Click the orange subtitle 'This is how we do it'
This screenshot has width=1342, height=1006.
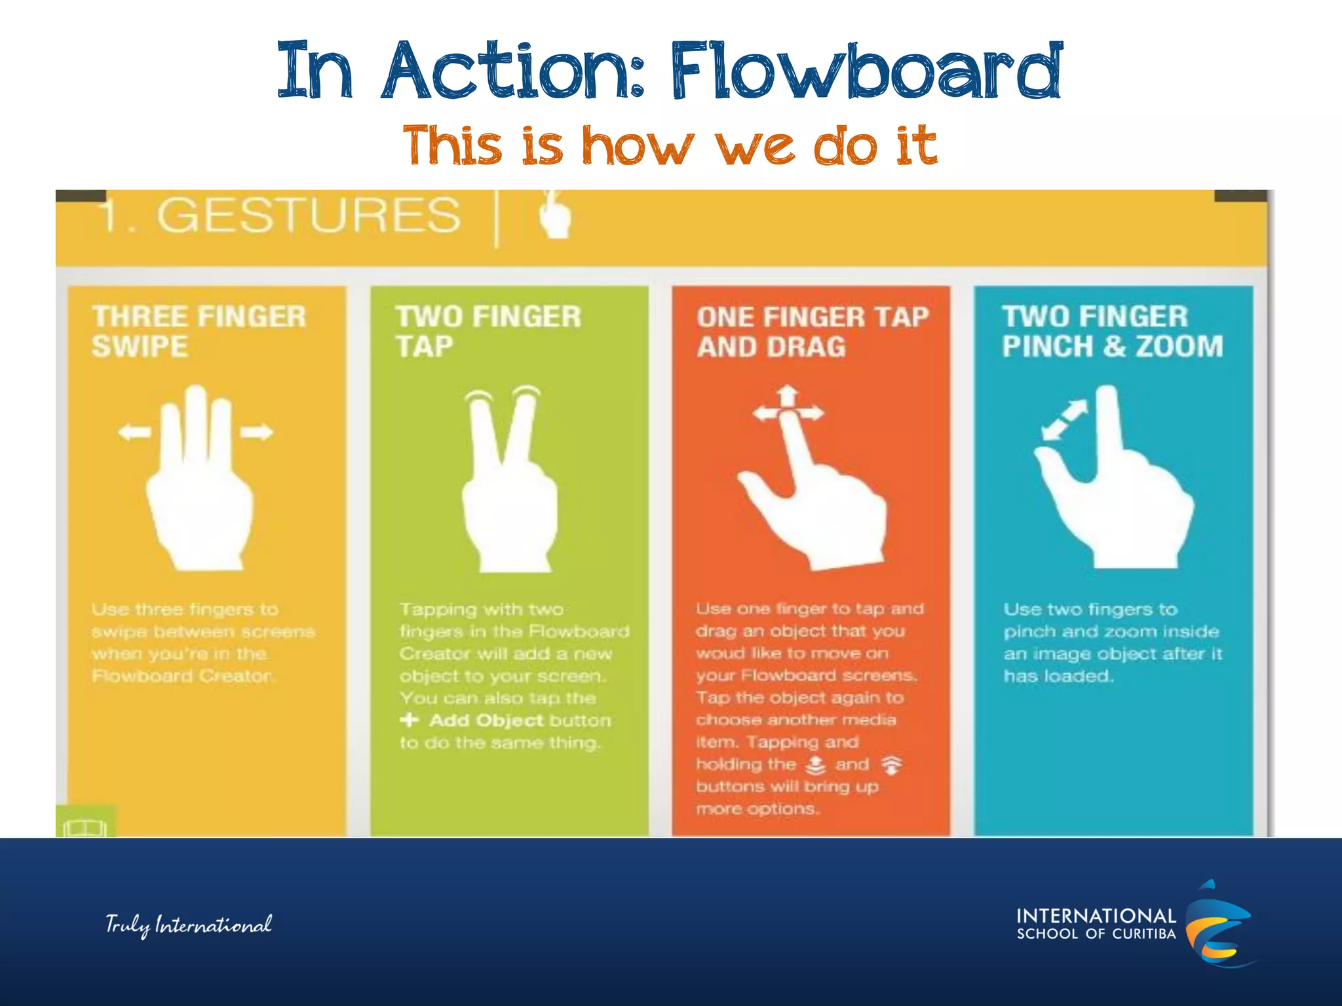tap(670, 145)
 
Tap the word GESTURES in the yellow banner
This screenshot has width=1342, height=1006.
tap(308, 215)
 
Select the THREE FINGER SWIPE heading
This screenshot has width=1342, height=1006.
tap(199, 331)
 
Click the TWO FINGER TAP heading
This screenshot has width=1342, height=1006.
tap(488, 331)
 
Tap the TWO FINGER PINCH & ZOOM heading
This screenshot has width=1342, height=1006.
tap(1112, 331)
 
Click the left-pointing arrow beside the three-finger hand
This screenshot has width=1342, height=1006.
tap(134, 432)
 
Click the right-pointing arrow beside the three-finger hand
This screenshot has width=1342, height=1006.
tap(256, 432)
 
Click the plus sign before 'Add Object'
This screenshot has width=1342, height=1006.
tap(410, 720)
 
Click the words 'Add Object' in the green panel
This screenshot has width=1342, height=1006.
tap(486, 720)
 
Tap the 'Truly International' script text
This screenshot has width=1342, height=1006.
tap(189, 925)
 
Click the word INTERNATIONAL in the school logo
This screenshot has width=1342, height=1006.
tap(1096, 916)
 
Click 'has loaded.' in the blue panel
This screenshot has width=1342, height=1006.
tap(1058, 676)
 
